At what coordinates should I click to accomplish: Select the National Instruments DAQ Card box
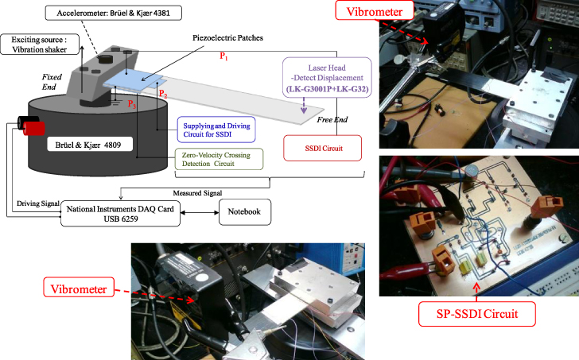click(x=120, y=213)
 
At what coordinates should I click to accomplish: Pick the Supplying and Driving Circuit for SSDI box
click(x=216, y=128)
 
